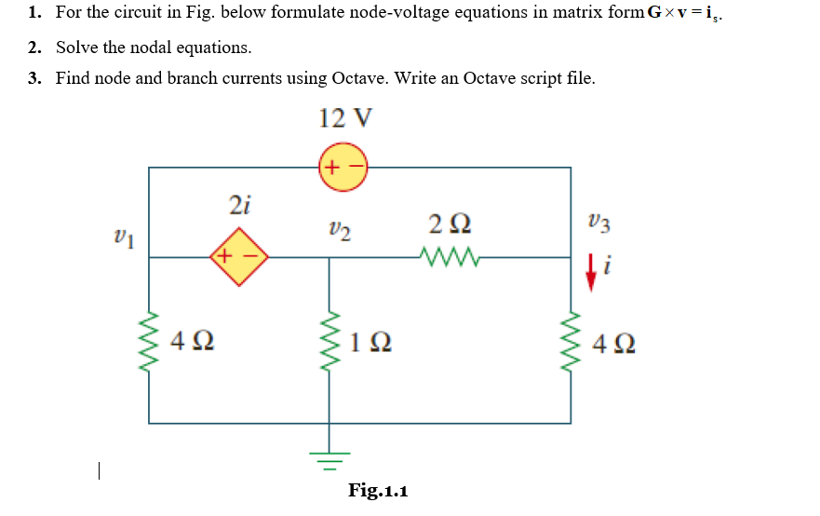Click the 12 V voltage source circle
(344, 168)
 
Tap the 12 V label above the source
(345, 119)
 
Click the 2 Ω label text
(450, 224)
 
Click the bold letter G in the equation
(654, 13)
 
